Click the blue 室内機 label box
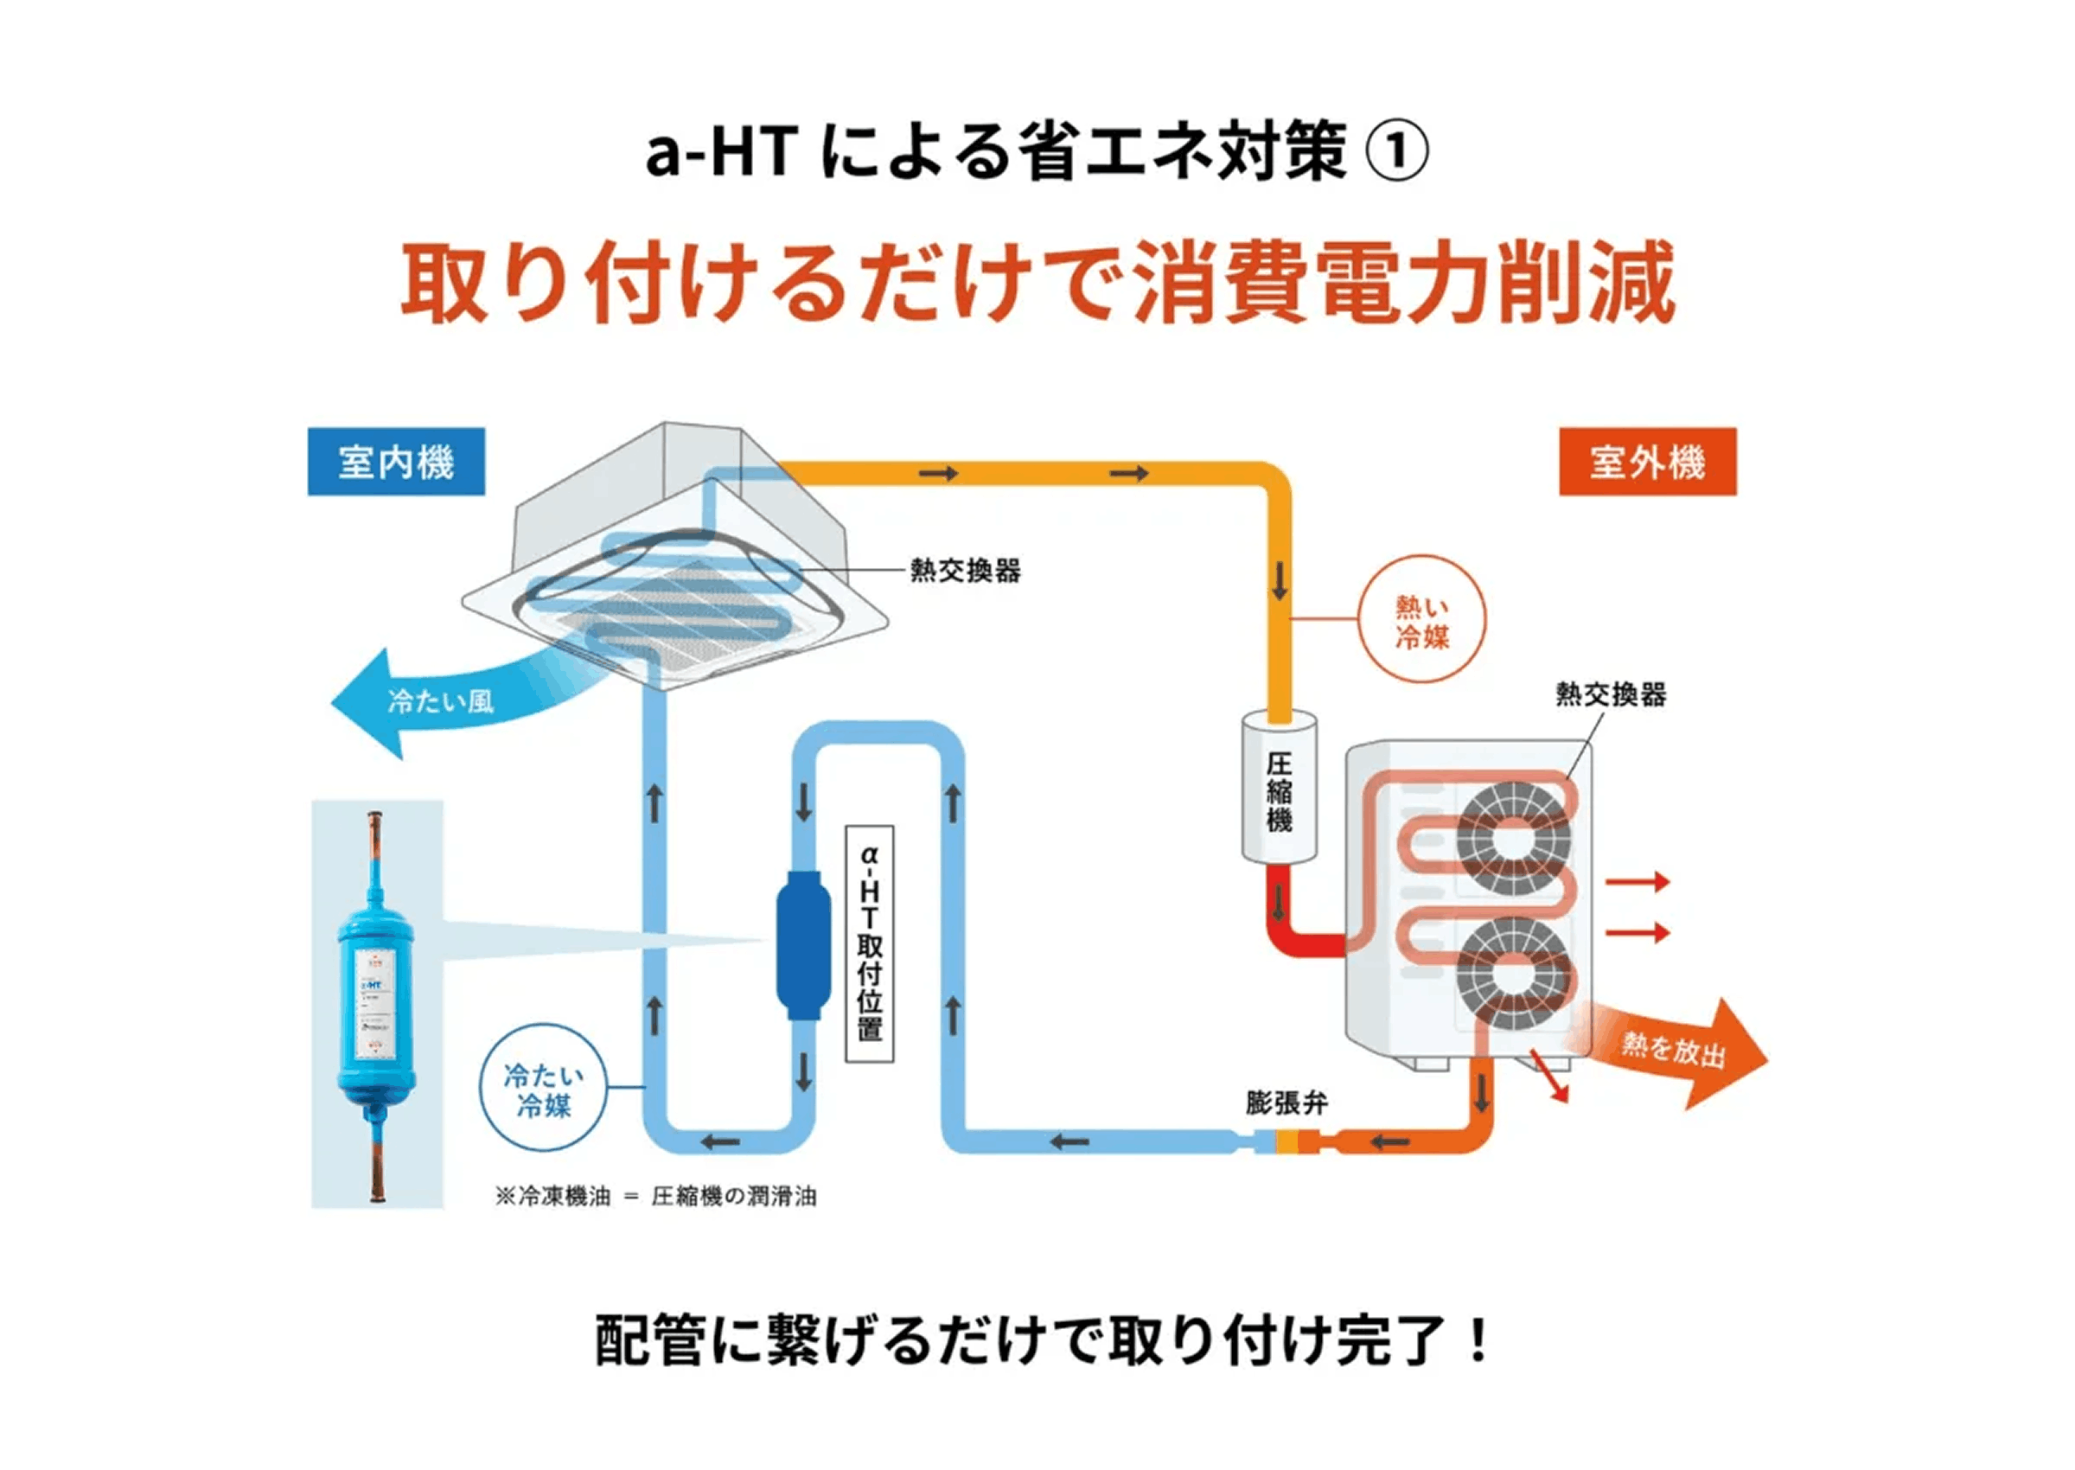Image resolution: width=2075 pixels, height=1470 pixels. tap(395, 462)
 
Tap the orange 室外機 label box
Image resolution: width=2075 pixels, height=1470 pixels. tap(1647, 462)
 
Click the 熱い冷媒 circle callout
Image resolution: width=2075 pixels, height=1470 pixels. tap(1421, 620)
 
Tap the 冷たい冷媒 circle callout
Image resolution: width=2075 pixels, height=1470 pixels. tap(543, 1089)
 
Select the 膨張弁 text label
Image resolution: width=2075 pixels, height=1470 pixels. tap(1286, 1103)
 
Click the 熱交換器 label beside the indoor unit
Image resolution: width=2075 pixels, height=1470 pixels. tap(965, 572)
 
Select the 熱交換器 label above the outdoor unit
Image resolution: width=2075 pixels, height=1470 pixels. tap(1611, 694)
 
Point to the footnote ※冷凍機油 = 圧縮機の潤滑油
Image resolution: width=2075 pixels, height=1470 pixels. tap(656, 1197)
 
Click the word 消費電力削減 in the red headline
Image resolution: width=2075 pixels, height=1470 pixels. tap(1402, 284)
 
